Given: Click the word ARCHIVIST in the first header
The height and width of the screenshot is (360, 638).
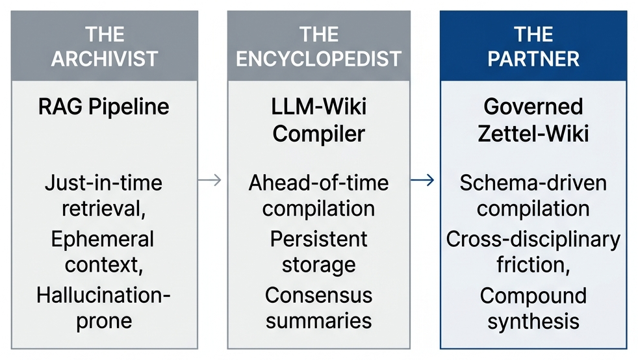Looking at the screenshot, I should [104, 58].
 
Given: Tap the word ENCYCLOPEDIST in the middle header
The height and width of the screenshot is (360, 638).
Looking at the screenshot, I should [318, 58].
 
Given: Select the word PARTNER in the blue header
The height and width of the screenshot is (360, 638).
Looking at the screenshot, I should [533, 58].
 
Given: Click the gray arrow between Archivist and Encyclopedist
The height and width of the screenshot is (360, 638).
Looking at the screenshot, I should [209, 180].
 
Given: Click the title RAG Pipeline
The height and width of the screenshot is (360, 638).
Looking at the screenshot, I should [104, 106].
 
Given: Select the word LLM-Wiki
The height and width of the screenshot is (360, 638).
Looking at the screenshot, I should [318, 106].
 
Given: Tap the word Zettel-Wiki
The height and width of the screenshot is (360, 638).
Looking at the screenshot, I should [533, 134].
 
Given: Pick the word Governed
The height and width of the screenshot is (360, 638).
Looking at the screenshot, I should [533, 106].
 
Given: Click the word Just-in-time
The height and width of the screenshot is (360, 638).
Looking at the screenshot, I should [104, 183].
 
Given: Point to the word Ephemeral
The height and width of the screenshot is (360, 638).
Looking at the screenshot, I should [103, 238].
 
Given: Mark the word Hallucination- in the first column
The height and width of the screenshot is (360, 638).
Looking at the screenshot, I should [104, 294].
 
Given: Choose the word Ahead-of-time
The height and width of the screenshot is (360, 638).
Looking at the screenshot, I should [318, 183].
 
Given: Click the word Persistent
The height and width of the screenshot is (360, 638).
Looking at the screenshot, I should [318, 238].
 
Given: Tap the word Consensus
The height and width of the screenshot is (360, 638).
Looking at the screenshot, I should [318, 294].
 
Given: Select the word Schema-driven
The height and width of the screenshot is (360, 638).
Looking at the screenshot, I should [533, 183].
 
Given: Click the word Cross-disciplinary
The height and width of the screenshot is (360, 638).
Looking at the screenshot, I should [533, 238].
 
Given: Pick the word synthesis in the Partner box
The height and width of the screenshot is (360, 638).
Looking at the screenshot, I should [533, 321].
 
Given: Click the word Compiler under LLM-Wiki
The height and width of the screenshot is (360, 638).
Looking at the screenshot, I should [318, 134].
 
